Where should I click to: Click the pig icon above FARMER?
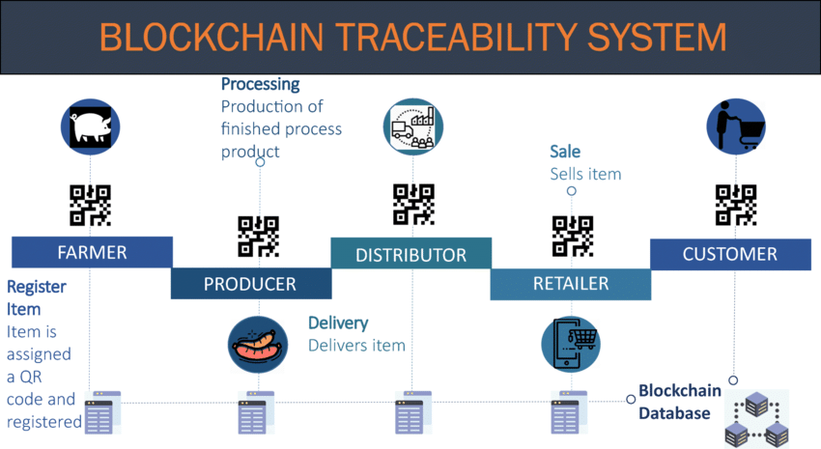tap(90, 126)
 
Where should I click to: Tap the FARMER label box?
tap(92, 252)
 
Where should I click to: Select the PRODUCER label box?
tap(251, 284)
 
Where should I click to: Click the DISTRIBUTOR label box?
tap(411, 253)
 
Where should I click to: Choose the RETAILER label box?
tap(571, 284)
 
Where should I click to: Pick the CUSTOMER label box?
tap(730, 254)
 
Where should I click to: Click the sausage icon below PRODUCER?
tap(258, 345)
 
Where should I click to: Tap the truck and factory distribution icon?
tap(413, 126)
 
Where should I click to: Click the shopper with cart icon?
tap(736, 126)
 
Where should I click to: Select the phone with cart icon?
tap(571, 344)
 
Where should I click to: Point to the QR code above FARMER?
tap(90, 205)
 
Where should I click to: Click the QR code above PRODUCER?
tap(258, 237)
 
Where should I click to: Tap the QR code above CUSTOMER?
tap(736, 205)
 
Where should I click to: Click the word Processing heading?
tap(260, 84)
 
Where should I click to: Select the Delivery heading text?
tap(338, 323)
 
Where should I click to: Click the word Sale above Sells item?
tap(565, 152)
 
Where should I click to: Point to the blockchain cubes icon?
tap(757, 419)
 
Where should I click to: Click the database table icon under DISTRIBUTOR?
tap(413, 412)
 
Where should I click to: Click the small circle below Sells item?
tap(571, 191)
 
